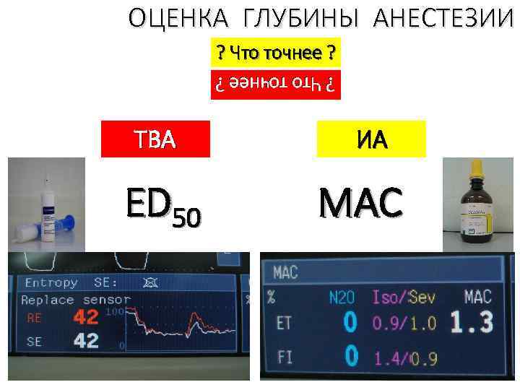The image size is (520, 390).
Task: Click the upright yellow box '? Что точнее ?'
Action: coord(275,53)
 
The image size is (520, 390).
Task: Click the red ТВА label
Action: coord(156,139)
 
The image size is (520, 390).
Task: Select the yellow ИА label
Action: coord(371,139)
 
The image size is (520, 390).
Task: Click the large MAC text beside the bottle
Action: coord(361,204)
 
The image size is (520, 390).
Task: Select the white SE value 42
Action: coord(86,342)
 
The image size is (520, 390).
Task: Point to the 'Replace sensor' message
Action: coord(76,299)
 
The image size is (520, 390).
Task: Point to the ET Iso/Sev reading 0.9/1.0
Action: coord(404,323)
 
